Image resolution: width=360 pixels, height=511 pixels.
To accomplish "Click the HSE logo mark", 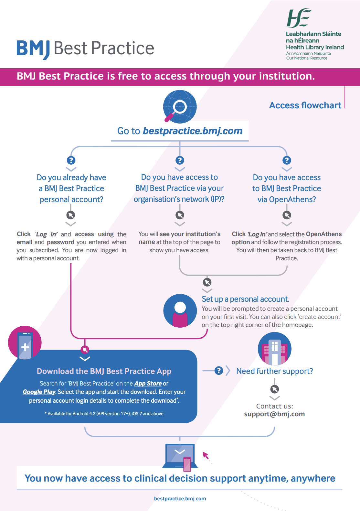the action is (299, 18).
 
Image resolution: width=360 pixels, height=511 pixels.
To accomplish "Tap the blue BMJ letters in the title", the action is (33, 49).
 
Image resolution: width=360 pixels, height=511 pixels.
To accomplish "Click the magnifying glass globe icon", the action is (180, 106).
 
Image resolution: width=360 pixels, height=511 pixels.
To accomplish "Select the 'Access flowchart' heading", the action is (305, 105).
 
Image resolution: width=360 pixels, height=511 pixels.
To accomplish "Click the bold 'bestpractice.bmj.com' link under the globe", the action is (192, 131).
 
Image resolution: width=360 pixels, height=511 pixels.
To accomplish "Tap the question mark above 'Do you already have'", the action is (71, 160).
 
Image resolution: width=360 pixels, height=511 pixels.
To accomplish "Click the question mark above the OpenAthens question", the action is (287, 160).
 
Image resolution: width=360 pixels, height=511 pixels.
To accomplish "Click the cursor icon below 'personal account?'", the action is (71, 215).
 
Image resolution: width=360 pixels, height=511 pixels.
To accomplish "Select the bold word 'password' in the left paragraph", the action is (60, 242).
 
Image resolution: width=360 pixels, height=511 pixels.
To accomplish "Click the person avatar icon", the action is (180, 311).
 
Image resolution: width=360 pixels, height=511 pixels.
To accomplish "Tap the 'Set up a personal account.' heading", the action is (245, 299).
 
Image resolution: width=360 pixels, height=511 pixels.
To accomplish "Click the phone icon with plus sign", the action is (25, 342).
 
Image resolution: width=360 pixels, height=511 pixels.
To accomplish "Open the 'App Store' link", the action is (148, 384).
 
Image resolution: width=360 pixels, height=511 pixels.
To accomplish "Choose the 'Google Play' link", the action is (39, 392).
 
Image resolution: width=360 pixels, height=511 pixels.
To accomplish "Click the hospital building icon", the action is (274, 349).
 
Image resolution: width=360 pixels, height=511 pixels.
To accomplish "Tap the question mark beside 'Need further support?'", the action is (219, 371).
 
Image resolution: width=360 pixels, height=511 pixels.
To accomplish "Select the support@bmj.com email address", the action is (274, 414).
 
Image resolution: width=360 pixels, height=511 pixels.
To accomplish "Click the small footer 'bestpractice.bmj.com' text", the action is (180, 499).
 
